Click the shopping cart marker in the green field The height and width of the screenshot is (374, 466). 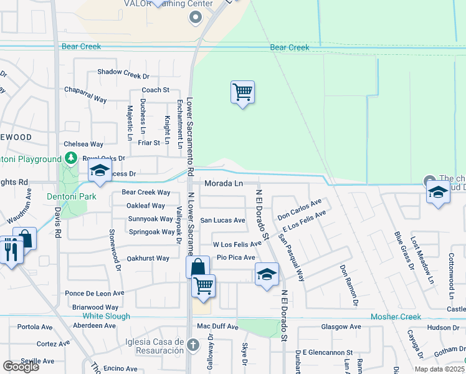point(242,92)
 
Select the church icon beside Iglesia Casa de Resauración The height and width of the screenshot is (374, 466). point(193,344)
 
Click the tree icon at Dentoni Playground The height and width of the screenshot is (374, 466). point(71,158)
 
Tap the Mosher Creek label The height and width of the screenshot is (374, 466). point(396,317)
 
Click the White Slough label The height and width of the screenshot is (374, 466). point(107,316)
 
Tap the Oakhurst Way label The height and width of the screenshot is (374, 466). point(148,258)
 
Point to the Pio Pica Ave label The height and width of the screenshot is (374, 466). point(236,257)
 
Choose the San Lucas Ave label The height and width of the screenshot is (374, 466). point(222,220)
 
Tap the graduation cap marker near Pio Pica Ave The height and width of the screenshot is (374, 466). point(266,274)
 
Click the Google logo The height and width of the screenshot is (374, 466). point(21,367)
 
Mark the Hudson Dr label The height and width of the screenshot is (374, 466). point(443,327)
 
